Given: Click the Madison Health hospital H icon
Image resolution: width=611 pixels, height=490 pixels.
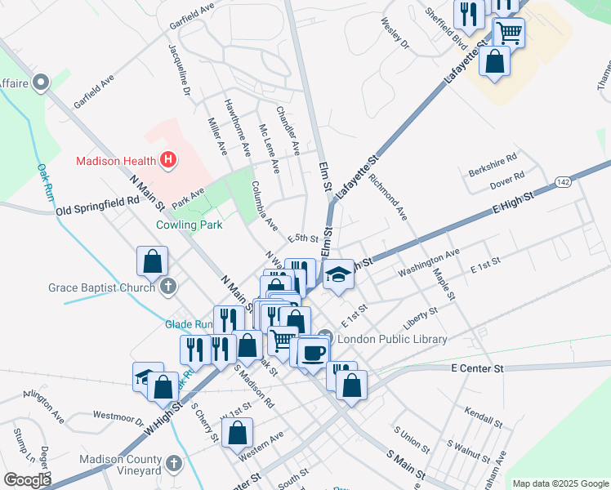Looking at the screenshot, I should point(167,160).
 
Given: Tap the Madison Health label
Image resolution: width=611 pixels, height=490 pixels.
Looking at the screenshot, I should point(116,161).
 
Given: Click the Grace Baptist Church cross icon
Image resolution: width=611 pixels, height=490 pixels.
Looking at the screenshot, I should point(168,287).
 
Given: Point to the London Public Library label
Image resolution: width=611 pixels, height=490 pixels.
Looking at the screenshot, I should point(392,339).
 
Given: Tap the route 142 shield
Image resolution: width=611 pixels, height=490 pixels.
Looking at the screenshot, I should point(562,181).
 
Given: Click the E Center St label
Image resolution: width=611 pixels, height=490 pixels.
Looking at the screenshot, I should point(478,368).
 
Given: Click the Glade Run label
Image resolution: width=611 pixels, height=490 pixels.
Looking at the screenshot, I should point(188,324).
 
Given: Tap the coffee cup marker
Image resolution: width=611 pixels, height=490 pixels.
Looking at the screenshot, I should point(314,351).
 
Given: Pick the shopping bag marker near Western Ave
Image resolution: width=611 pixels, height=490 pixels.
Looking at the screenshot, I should point(237,434).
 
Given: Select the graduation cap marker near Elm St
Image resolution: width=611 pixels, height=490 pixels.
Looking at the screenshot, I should point(338,275).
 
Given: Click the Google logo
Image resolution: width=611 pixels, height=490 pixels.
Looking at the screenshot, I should point(27,479).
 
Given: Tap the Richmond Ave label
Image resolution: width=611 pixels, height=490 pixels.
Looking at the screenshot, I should point(387,196).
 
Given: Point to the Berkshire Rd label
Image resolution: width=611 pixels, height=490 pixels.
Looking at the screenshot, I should point(493,165).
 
